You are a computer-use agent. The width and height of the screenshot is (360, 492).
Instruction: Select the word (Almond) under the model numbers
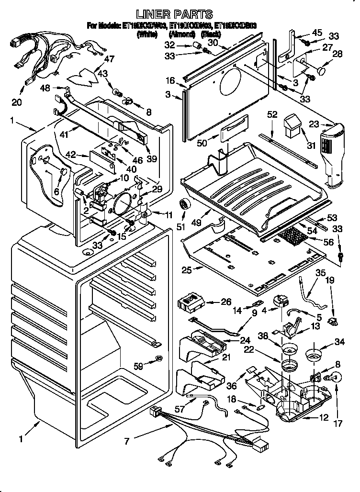tap(182, 34)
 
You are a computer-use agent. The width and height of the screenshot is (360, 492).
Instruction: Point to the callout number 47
tap(110, 59)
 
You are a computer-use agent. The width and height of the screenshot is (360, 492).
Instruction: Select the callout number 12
tap(324, 418)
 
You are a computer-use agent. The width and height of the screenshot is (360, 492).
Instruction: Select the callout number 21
tap(226, 357)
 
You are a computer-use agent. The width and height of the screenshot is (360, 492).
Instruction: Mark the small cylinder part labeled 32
tap(196, 45)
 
